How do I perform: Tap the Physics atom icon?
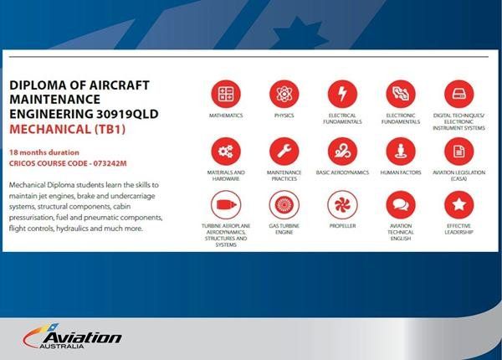pyautogui.click(x=284, y=92)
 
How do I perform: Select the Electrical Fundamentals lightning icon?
pyautogui.click(x=341, y=92)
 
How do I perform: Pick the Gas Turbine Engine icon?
pyautogui.click(x=284, y=205)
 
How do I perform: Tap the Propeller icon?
pyautogui.click(x=341, y=205)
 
